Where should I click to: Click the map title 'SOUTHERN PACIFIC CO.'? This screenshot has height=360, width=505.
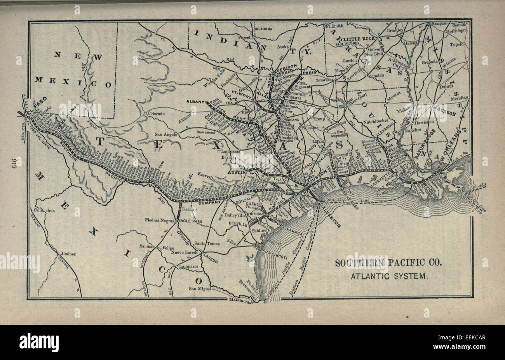[x=388, y=263]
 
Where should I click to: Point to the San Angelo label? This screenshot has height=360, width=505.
[x=167, y=134]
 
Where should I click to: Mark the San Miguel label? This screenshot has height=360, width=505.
[x=200, y=289]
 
